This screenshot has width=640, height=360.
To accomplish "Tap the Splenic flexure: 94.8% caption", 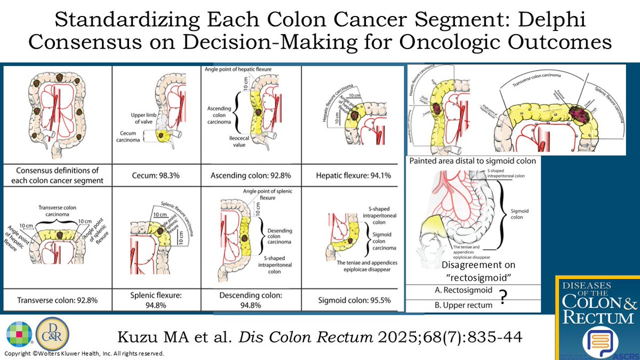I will pos(153,300).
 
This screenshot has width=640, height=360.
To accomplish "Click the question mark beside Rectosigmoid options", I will pos(502,298).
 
